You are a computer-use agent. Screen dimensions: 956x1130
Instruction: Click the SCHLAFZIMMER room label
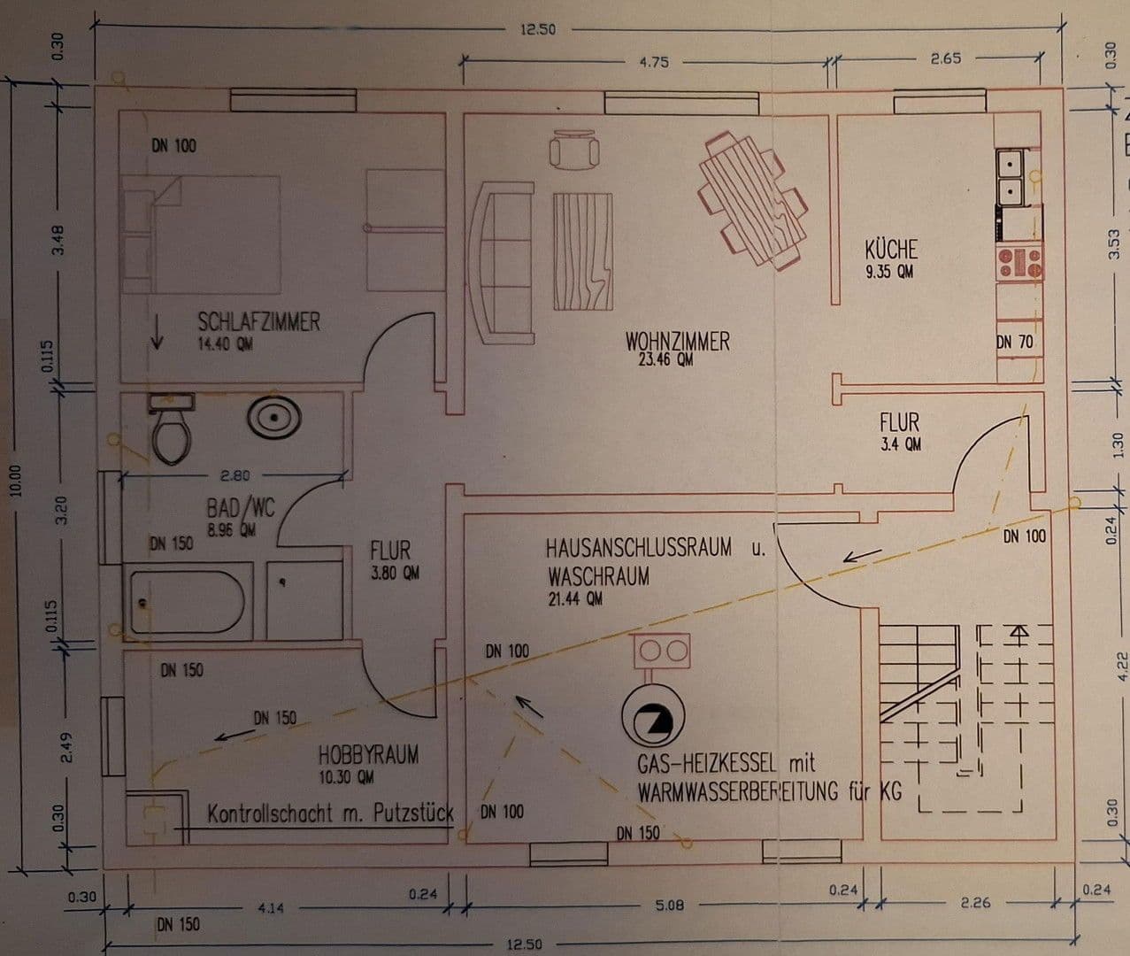click(258, 320)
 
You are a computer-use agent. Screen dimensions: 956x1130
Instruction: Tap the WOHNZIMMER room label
click(677, 341)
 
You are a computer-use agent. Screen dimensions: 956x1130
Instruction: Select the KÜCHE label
click(890, 249)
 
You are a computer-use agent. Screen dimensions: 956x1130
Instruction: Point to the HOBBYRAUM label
click(368, 755)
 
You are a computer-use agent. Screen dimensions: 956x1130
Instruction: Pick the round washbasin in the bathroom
click(273, 417)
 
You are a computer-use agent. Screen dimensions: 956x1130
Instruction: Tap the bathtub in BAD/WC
click(187, 602)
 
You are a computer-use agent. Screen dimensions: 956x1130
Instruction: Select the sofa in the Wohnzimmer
click(504, 262)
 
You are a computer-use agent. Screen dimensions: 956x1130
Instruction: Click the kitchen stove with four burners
click(1020, 262)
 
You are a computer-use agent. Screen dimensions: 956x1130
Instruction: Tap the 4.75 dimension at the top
click(653, 62)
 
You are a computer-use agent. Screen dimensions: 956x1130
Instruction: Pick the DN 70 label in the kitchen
click(1014, 342)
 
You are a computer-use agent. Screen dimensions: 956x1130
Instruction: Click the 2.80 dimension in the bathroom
click(234, 476)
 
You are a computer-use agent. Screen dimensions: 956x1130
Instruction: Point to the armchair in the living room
click(574, 148)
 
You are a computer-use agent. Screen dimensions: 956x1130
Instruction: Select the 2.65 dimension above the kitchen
click(946, 58)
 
